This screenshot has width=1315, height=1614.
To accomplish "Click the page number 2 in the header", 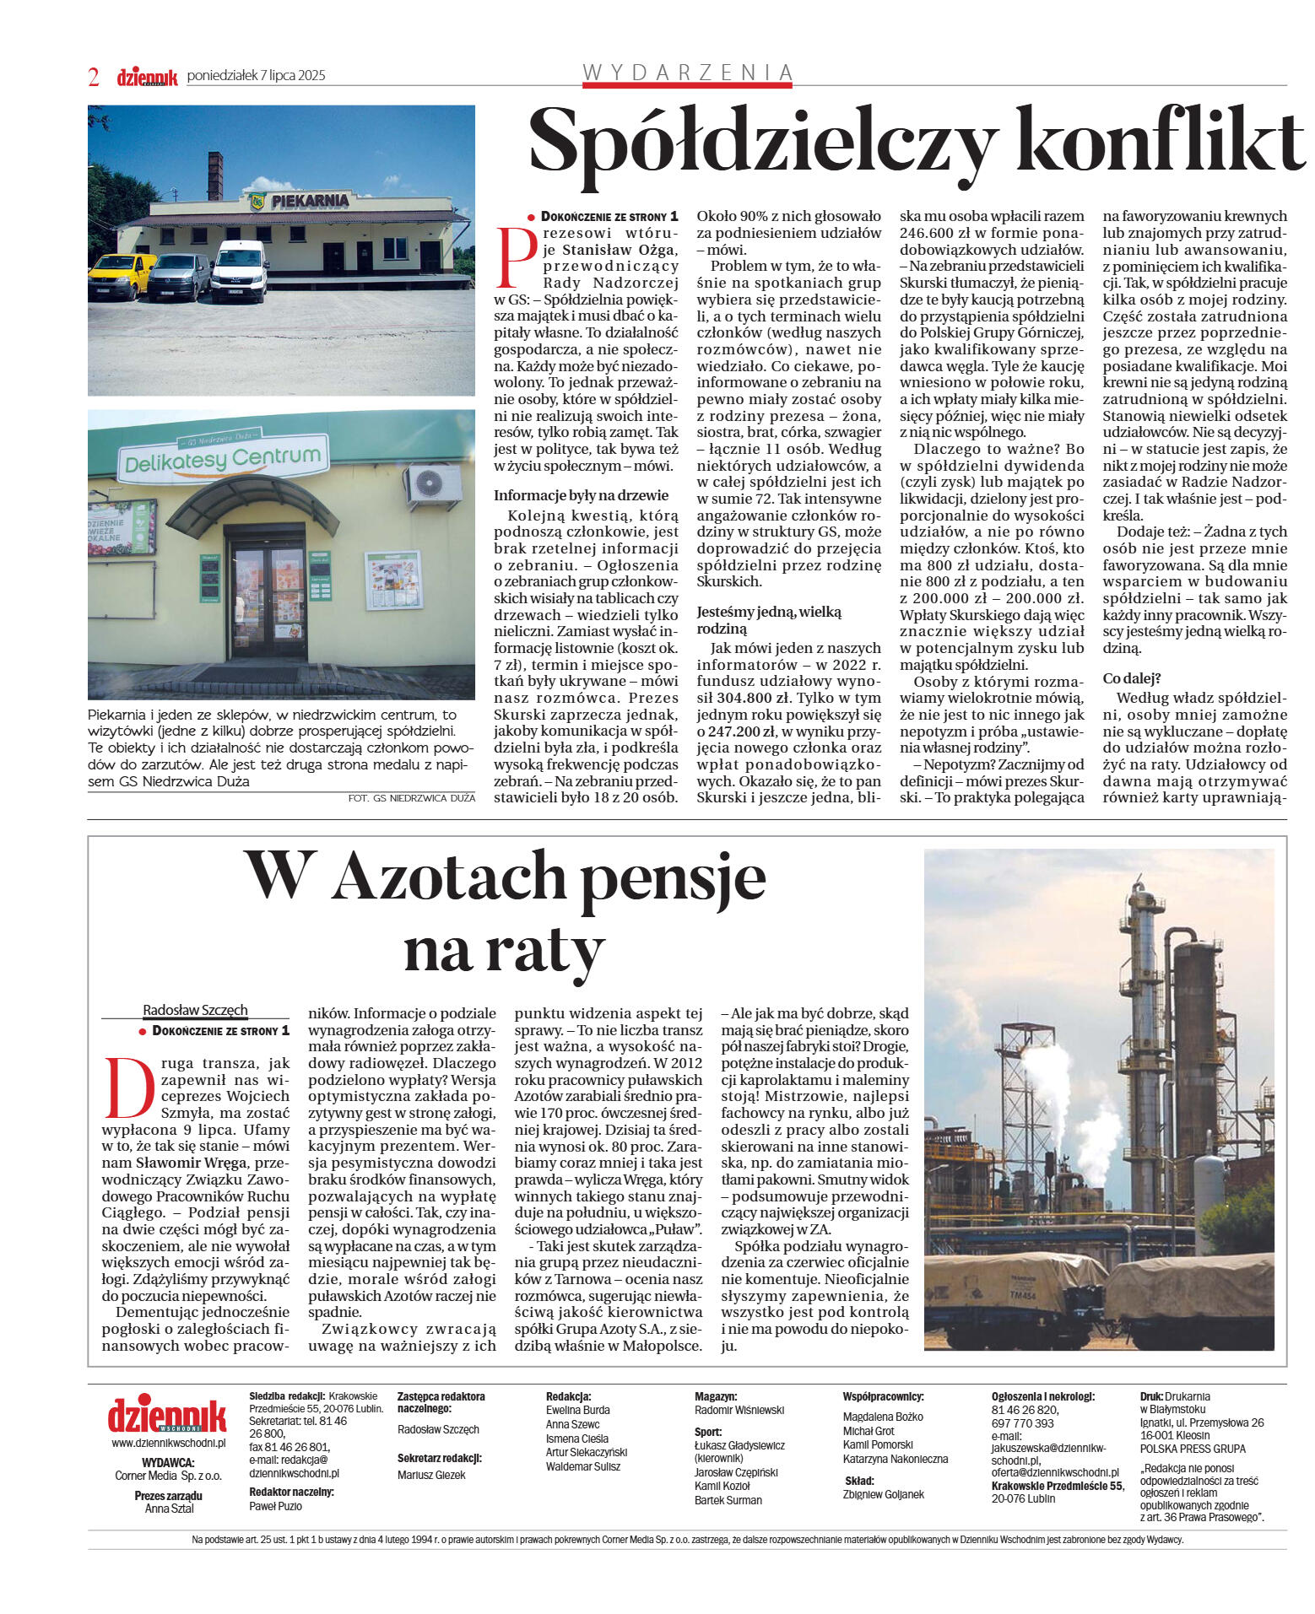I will [x=94, y=77].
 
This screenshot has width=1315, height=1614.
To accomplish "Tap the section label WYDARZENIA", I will [x=688, y=73].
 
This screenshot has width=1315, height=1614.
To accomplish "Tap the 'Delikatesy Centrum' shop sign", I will [x=223, y=459].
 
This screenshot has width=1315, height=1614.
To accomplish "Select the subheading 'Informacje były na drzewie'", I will [x=581, y=495].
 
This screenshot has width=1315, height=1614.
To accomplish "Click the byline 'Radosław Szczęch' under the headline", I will [x=195, y=1010].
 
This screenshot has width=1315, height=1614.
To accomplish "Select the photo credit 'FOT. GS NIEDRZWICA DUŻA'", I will [x=411, y=798].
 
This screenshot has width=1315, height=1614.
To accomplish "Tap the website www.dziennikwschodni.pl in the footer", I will [x=169, y=1443].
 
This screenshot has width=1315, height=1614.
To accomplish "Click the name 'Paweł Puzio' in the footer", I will [x=275, y=1506].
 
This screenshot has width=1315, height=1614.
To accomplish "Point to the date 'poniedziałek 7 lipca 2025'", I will [x=256, y=76].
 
